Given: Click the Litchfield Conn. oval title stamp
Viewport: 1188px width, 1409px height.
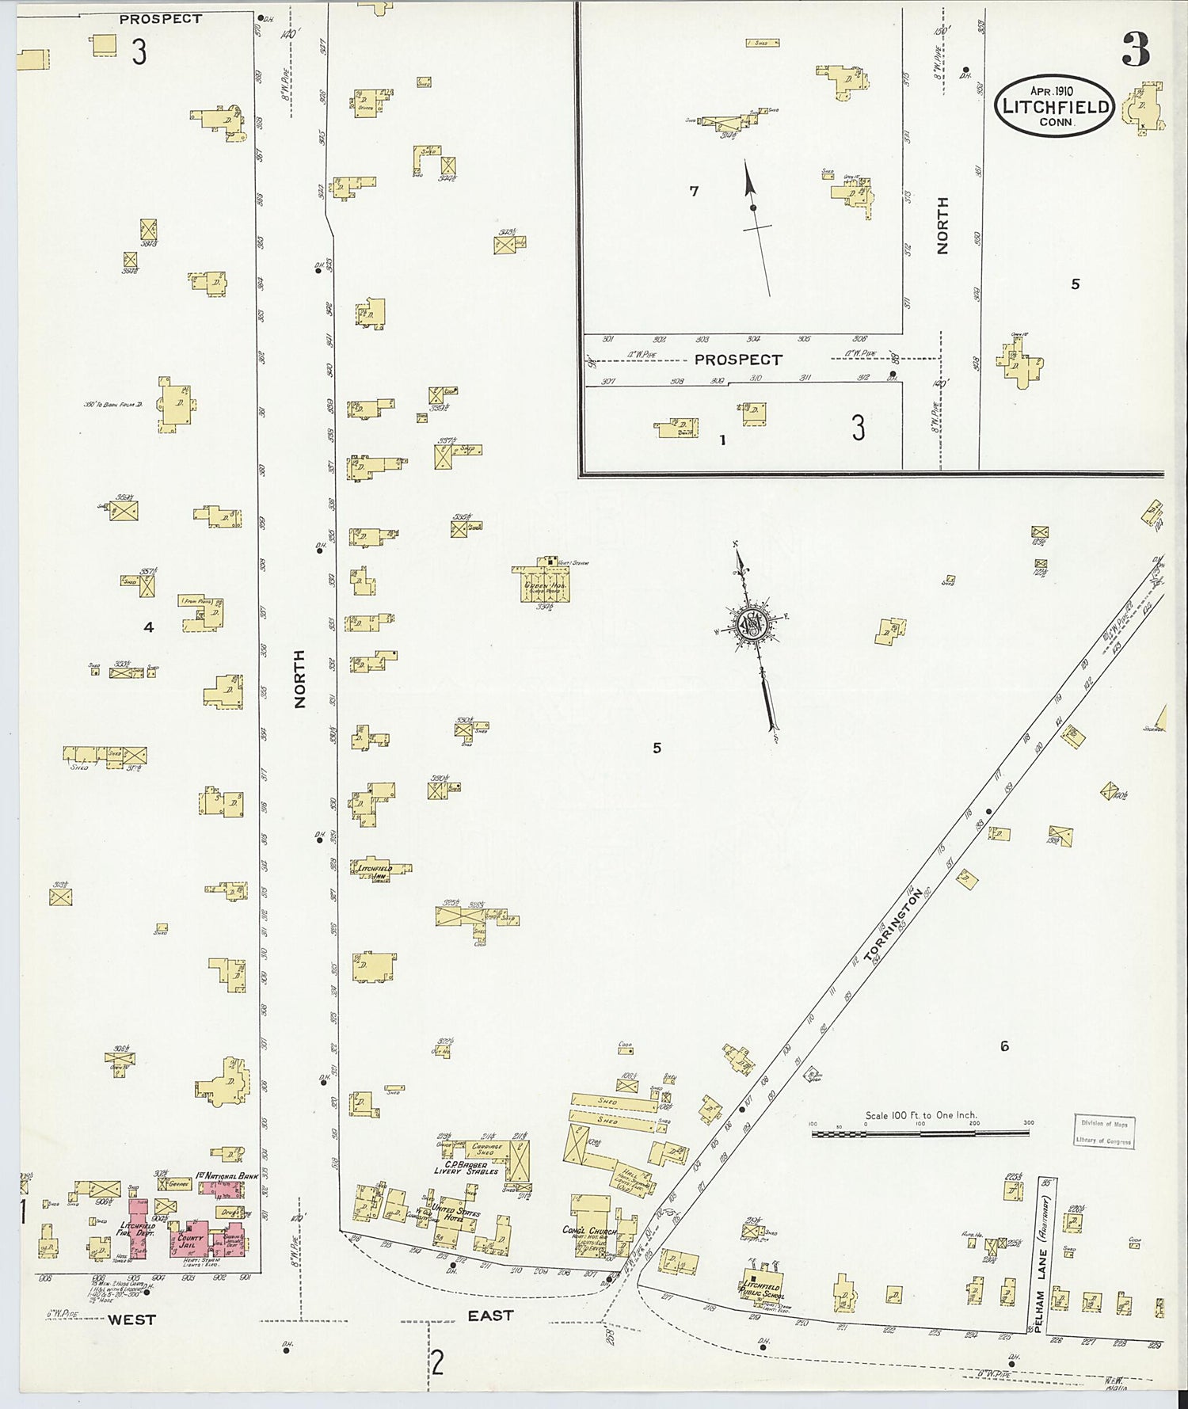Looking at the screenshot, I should (x=1055, y=106).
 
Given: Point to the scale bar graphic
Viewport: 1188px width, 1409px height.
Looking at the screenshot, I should (x=920, y=1134).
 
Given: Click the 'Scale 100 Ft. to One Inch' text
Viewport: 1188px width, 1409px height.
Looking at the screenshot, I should (x=920, y=1115).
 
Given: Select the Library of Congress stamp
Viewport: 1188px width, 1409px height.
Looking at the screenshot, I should (x=1104, y=1131).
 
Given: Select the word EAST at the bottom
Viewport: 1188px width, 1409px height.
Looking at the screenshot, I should (x=490, y=1316).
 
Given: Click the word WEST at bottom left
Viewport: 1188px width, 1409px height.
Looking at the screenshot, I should (x=131, y=1320).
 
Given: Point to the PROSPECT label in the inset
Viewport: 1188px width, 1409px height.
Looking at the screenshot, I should (x=738, y=360).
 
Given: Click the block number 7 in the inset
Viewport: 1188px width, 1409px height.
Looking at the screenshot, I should (x=694, y=191).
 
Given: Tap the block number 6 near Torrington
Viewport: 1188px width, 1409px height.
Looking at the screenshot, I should (x=1004, y=1046).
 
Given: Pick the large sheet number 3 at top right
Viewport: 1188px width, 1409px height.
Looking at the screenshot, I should (x=1135, y=52).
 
